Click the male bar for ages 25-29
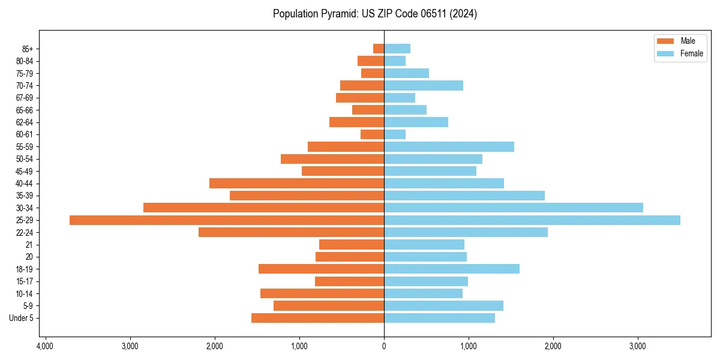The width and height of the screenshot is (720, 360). [x=227, y=220]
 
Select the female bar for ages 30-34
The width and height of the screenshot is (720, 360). [x=514, y=208]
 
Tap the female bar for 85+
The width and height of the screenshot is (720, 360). [x=397, y=49]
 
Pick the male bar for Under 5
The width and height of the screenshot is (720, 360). [x=317, y=318]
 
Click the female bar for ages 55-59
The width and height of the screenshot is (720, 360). [x=449, y=146]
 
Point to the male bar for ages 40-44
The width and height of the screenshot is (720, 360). [x=296, y=183]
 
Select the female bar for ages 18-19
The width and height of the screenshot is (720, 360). [x=452, y=269]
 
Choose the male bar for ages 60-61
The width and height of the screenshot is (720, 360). [x=372, y=134]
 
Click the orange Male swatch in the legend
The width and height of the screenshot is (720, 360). [x=666, y=41]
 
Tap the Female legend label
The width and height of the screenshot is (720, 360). [x=692, y=53]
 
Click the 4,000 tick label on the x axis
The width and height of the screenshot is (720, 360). [x=45, y=346]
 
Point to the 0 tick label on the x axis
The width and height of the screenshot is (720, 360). [x=384, y=346]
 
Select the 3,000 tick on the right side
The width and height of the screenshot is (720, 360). [x=637, y=346]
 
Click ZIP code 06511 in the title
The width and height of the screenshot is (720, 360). [x=425, y=14]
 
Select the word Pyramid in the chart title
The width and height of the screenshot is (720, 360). [x=338, y=14]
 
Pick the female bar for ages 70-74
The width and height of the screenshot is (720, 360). [x=424, y=85]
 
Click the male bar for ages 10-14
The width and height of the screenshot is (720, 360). [x=322, y=293]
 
